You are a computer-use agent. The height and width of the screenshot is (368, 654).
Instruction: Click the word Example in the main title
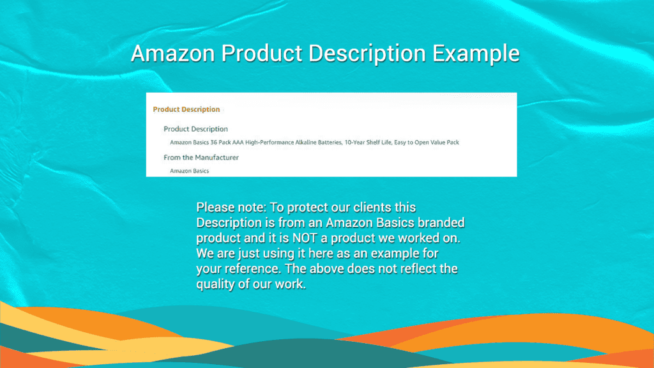pos(476,54)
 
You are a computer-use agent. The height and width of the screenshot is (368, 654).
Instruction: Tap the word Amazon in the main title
pos(172,54)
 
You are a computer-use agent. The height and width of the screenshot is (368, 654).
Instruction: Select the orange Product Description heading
pos(186,109)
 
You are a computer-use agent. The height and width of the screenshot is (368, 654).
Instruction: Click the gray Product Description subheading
pos(195,129)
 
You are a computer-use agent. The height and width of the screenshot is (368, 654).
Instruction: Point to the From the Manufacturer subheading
pos(201,157)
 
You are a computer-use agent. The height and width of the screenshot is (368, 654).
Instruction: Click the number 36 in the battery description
pos(213,142)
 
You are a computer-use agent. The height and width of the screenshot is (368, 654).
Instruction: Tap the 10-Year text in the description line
pos(354,142)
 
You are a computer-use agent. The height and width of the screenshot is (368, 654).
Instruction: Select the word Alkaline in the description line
pos(306,142)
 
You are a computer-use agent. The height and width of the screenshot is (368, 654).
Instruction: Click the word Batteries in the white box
pos(330,142)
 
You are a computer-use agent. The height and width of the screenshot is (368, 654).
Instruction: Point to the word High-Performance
pos(270,142)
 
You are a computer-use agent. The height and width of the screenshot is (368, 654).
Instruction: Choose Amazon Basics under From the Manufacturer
pos(189,171)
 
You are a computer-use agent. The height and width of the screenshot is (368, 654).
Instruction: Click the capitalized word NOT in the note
pos(305,238)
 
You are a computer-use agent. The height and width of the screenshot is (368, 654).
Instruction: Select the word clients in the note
pos(372,208)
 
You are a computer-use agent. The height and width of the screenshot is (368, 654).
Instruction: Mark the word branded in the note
pos(441,222)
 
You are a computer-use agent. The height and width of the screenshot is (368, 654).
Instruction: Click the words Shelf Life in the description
pos(379,142)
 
